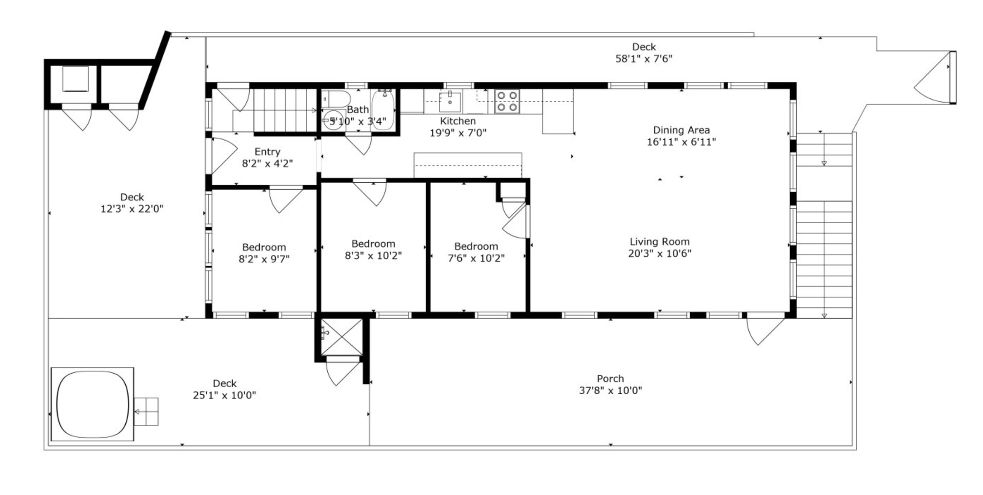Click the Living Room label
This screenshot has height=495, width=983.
[x=659, y=242]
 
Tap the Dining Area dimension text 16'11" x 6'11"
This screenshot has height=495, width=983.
[x=681, y=142]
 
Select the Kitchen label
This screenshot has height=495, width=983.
[x=458, y=121]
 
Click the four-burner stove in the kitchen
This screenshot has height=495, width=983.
[x=507, y=101]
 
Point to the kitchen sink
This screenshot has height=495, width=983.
[x=450, y=101]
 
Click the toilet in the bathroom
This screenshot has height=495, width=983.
[x=336, y=99]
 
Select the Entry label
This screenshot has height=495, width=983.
[x=267, y=152]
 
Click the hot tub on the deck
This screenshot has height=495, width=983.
[x=93, y=404]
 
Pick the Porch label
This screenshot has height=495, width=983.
[x=611, y=379]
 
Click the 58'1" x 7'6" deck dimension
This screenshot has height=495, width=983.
[x=644, y=59]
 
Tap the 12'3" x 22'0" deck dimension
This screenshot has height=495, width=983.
[x=132, y=209]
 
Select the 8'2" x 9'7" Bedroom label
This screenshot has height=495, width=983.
[x=264, y=247]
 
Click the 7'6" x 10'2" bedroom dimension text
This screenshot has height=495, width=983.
[x=476, y=259]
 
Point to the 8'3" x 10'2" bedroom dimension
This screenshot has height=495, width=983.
[x=373, y=256]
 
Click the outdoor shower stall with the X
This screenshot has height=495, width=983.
[x=341, y=337]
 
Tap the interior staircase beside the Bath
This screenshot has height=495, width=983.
[x=286, y=110]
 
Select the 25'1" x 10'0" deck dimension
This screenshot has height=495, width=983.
[x=225, y=396]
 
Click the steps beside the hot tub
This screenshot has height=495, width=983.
[x=146, y=412]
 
